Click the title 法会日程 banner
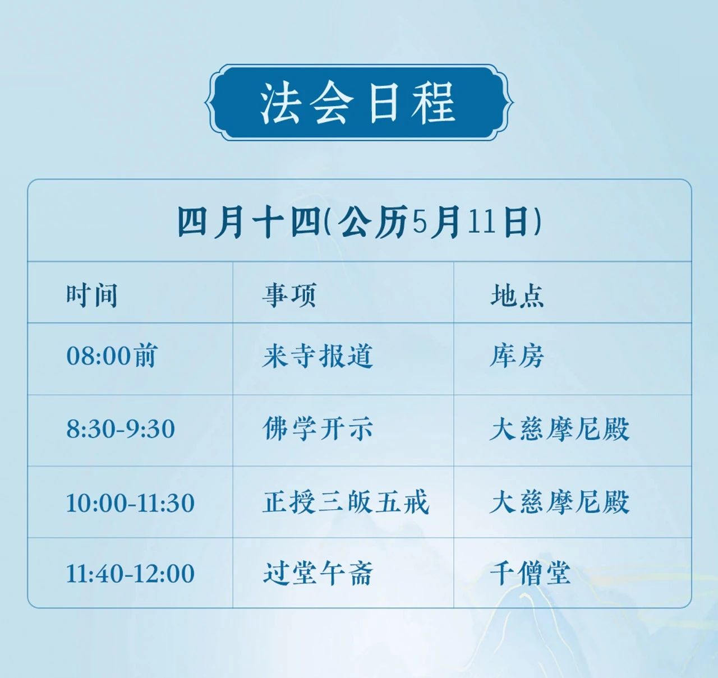click(359, 102)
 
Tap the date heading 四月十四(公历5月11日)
click(360, 222)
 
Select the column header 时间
click(92, 296)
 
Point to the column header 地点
click(517, 295)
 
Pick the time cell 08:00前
click(112, 356)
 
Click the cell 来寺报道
click(318, 356)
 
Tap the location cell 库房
click(517, 356)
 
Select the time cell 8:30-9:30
click(121, 429)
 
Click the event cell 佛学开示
click(318, 428)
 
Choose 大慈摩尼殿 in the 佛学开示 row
click(559, 429)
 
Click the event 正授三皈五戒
click(346, 502)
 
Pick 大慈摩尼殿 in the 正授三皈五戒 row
click(559, 502)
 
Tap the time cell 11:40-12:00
click(131, 574)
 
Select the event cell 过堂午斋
click(318, 573)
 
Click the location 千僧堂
click(530, 573)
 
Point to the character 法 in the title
click(280, 103)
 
